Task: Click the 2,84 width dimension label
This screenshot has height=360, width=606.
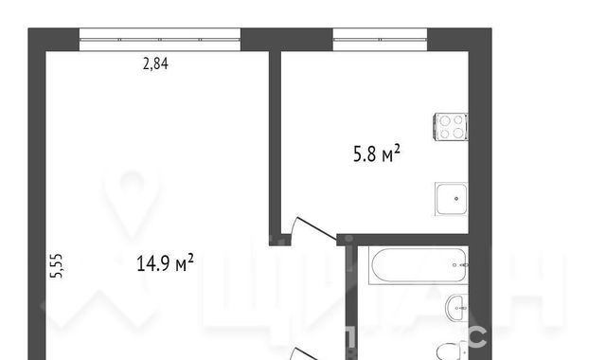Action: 155,63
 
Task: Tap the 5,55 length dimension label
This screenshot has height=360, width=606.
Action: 57,265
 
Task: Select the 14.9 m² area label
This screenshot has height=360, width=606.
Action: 165,263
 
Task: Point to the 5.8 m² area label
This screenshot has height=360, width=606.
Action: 377,153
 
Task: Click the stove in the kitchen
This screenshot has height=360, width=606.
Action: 452,127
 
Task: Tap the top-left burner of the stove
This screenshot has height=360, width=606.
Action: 445,121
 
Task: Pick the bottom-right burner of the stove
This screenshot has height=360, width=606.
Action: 458,133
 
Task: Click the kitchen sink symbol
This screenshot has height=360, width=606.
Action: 452,199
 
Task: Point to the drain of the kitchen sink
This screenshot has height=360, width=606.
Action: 456,199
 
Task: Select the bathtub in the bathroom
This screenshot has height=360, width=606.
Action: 419,265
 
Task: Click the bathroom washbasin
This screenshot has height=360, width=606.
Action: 456,308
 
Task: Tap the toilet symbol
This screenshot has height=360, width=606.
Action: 453,351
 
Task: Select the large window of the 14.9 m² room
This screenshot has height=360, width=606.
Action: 160,40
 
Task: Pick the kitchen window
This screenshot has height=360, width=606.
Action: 380,40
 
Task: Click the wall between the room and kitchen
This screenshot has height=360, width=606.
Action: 275,143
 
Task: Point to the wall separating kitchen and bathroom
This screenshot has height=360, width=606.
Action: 402,240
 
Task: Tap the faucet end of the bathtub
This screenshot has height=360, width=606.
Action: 461,265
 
